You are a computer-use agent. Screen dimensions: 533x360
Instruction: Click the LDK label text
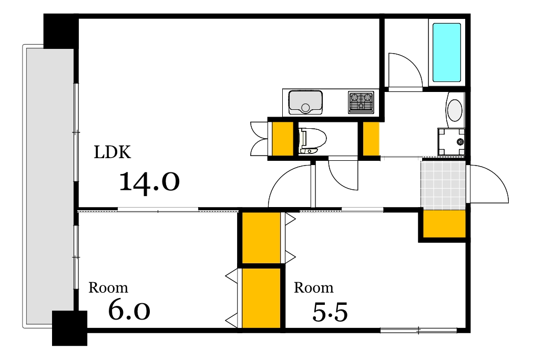click(x=112, y=152)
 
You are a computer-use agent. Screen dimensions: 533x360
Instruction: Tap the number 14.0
click(x=149, y=182)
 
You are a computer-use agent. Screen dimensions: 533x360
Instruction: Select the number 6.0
click(x=129, y=310)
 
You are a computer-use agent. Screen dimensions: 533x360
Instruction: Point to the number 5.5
click(x=330, y=312)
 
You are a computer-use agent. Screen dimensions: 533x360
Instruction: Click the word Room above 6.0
click(x=108, y=288)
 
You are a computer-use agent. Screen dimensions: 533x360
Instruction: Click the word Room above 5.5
click(x=313, y=288)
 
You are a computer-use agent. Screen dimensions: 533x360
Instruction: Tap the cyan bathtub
click(x=447, y=53)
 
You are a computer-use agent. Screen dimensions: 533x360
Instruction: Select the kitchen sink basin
click(x=305, y=102)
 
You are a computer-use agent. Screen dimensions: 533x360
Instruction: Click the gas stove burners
click(x=361, y=102)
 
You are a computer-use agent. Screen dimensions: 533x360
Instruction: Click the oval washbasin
click(x=455, y=110)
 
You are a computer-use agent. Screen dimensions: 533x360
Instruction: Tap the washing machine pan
click(x=451, y=141)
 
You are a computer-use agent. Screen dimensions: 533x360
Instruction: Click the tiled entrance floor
click(x=443, y=184)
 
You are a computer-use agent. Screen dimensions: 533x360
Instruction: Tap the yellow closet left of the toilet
click(x=283, y=138)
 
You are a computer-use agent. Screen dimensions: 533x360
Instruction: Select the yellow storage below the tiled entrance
click(x=444, y=224)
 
